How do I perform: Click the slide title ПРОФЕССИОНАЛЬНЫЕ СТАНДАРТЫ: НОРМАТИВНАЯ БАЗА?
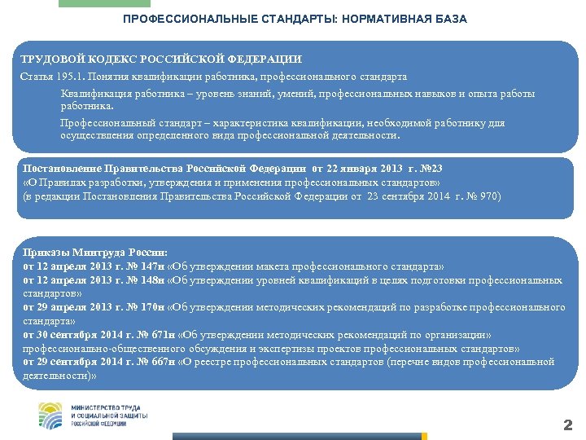coord(295,19)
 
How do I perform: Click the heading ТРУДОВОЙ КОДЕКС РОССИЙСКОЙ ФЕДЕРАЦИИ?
coord(160,59)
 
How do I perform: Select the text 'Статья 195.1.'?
coord(52,77)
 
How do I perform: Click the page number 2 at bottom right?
coord(568,425)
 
